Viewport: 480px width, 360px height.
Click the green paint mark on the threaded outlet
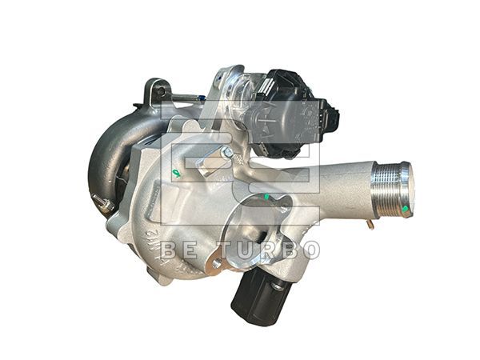(x=405, y=209)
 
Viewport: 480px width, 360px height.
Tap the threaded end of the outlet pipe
(x=393, y=189)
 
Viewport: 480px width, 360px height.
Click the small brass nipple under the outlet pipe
(x=371, y=224)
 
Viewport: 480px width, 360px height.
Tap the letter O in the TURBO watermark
(x=310, y=250)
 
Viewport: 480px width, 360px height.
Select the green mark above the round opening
(x=265, y=196)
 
